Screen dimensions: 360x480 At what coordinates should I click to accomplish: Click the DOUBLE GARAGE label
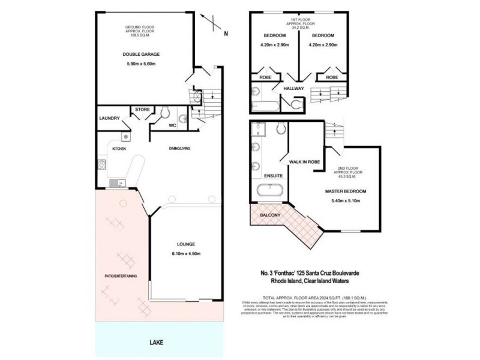click(x=141, y=55)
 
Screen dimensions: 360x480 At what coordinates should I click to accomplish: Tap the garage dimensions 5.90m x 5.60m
click(x=141, y=64)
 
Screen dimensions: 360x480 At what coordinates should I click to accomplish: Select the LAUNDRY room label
click(x=110, y=119)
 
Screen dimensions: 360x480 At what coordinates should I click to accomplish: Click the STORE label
click(x=142, y=109)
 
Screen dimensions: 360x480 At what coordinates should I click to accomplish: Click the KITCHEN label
click(x=118, y=148)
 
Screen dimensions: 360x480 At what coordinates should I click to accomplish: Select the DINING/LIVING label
click(x=179, y=148)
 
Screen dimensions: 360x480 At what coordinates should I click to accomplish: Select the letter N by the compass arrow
click(x=226, y=34)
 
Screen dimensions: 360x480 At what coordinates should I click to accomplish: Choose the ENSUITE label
click(x=273, y=176)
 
